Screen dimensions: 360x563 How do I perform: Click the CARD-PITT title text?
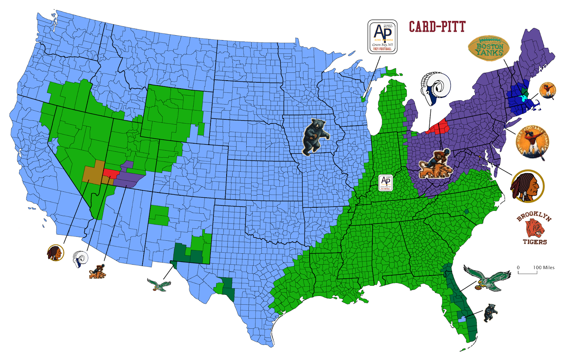pos(437,27)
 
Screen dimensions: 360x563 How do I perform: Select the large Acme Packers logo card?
pos(382,37)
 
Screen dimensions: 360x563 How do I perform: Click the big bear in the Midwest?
pos(315,137)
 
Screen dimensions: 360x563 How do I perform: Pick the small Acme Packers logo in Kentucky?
pos(386,183)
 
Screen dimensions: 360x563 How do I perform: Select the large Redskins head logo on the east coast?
pos(527,187)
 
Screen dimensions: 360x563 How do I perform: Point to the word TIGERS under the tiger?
pos(534,242)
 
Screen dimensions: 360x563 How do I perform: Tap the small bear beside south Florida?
pos(490,312)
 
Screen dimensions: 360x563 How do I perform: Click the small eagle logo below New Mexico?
pos(159,284)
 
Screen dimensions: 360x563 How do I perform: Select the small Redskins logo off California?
pos(56,253)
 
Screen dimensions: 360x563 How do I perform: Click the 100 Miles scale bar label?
pos(544,267)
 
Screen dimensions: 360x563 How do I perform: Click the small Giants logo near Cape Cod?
pos(548,90)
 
